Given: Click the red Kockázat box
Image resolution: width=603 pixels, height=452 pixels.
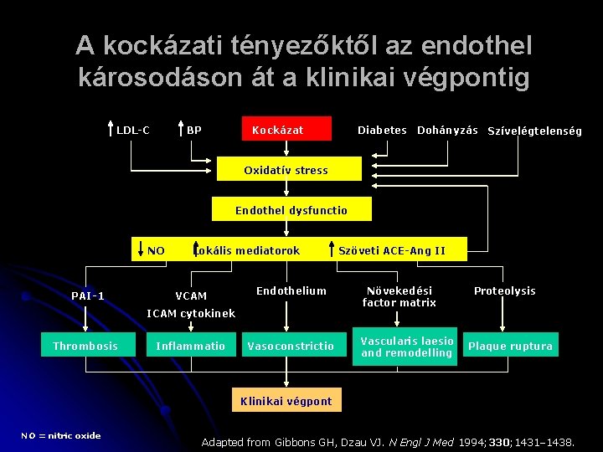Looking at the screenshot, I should (286, 129).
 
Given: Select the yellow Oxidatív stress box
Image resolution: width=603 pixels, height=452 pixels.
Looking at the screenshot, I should (286, 170).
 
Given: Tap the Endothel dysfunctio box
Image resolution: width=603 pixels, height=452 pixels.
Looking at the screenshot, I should (291, 210).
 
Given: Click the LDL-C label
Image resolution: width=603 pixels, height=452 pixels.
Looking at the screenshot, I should (133, 130).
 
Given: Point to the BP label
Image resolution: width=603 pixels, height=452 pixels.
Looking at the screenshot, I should (193, 130).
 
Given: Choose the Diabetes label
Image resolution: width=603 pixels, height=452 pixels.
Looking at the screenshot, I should (382, 130).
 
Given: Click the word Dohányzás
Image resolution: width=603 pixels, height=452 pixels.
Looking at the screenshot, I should (447, 130).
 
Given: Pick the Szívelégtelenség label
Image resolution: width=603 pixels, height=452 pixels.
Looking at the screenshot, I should (534, 131).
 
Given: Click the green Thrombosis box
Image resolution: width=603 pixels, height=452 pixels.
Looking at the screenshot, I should (85, 346).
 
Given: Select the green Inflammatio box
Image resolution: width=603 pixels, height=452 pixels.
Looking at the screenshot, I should (191, 346).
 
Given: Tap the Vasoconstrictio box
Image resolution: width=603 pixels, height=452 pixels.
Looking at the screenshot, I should (291, 346).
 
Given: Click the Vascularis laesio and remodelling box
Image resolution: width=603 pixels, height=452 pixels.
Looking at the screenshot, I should (406, 347).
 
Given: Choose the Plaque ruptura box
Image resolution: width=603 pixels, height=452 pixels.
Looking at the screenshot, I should (510, 346).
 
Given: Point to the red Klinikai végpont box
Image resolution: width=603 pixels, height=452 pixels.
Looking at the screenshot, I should (286, 401).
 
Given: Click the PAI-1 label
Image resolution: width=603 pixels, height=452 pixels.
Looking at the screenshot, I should (88, 295).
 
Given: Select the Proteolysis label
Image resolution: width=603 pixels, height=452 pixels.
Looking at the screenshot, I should (504, 290).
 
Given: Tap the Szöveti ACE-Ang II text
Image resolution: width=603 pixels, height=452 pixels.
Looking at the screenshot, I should (392, 250).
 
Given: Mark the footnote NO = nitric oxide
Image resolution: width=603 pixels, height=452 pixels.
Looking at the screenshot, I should (61, 435).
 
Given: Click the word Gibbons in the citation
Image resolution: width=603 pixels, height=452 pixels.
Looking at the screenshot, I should (296, 441).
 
